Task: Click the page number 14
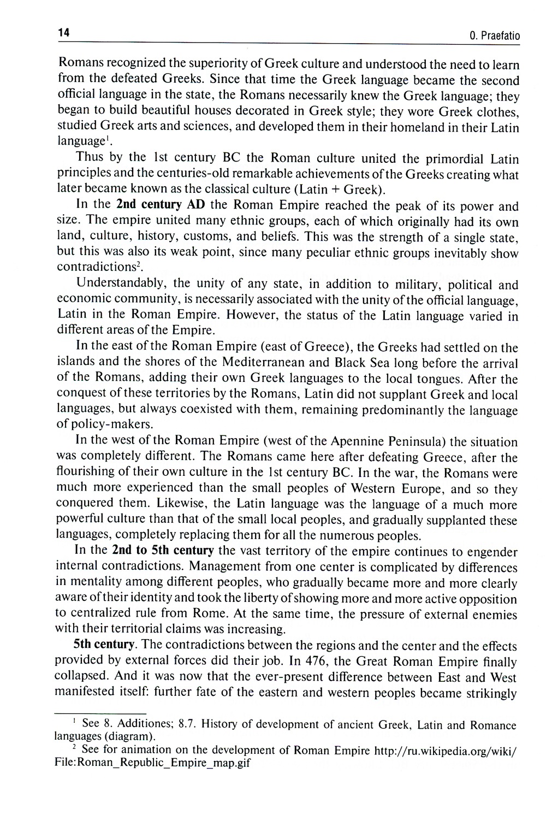(x=64, y=33)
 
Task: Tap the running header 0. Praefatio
(x=494, y=36)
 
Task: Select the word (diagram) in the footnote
(x=132, y=736)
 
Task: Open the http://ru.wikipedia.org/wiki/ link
(x=444, y=751)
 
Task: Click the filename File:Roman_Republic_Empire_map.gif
(x=152, y=763)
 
